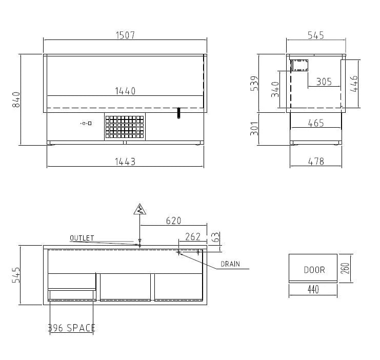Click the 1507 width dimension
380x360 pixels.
[x=125, y=35]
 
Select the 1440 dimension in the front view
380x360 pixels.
[x=125, y=91]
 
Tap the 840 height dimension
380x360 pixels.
[x=16, y=99]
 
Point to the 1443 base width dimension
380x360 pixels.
[x=125, y=162]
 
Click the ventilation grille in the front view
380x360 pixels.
[x=125, y=127]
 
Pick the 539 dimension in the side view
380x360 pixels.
[x=254, y=84]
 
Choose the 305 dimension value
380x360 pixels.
[x=324, y=82]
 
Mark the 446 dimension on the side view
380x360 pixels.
[x=354, y=84]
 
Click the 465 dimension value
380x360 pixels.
[x=316, y=123]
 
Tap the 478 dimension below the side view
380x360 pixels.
[x=316, y=162]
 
